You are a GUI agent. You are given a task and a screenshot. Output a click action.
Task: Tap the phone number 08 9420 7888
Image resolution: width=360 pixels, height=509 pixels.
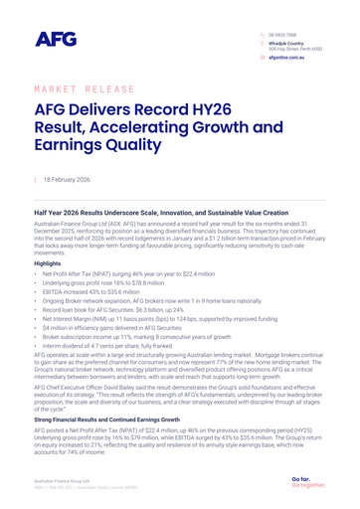click(x=282, y=34)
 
